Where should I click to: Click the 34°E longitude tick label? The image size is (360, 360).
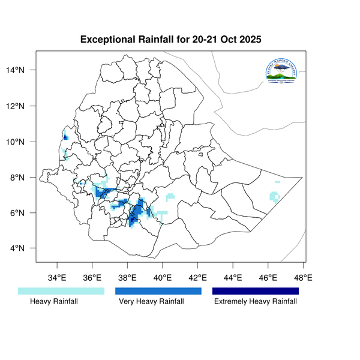point(57,278)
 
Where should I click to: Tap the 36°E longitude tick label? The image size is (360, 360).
point(92,278)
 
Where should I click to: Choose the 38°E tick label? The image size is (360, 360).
point(128,278)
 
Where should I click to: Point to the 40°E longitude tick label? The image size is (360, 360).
point(163,278)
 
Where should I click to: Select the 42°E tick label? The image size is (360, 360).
point(198,278)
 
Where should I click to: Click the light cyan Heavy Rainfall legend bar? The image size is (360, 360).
point(61,291)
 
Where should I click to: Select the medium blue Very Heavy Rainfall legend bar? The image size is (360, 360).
point(158,291)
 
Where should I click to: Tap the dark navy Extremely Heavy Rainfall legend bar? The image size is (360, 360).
point(256,291)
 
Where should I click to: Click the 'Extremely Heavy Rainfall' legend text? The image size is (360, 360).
point(256,302)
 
